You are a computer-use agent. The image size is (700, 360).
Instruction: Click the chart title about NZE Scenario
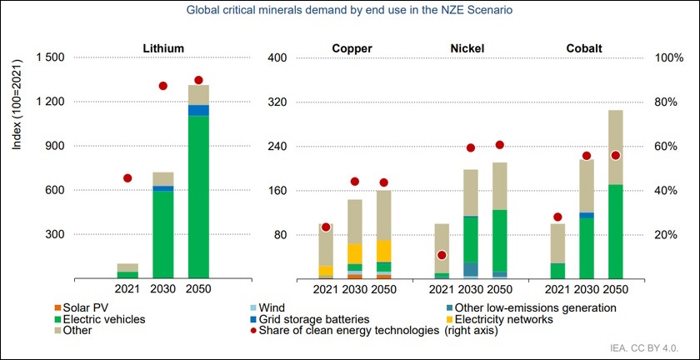tap(349, 10)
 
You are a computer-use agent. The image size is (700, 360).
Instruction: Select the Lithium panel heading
tap(163, 47)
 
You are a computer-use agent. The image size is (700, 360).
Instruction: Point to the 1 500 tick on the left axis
tap(47, 57)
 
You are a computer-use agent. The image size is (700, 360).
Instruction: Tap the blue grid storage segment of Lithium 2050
tap(198, 110)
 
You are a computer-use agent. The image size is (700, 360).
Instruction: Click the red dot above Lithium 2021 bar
tap(127, 177)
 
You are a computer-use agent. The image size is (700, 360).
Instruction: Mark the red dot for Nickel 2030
tap(471, 147)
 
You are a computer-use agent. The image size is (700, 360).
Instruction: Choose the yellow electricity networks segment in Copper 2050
tap(384, 251)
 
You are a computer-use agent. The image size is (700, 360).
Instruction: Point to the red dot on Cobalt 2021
tap(557, 217)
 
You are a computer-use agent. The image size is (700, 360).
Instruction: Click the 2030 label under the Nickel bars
tap(471, 288)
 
